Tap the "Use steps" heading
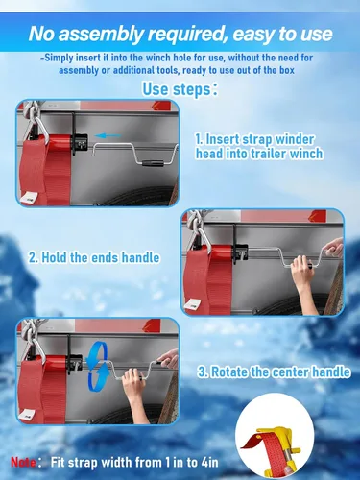180,88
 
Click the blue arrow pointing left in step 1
108,135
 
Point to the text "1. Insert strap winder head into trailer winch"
259,147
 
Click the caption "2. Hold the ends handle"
94,257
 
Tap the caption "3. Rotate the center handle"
274,372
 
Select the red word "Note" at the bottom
23,462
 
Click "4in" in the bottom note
209,463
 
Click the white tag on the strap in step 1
29,197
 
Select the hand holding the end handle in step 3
168,359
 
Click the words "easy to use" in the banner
282,35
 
